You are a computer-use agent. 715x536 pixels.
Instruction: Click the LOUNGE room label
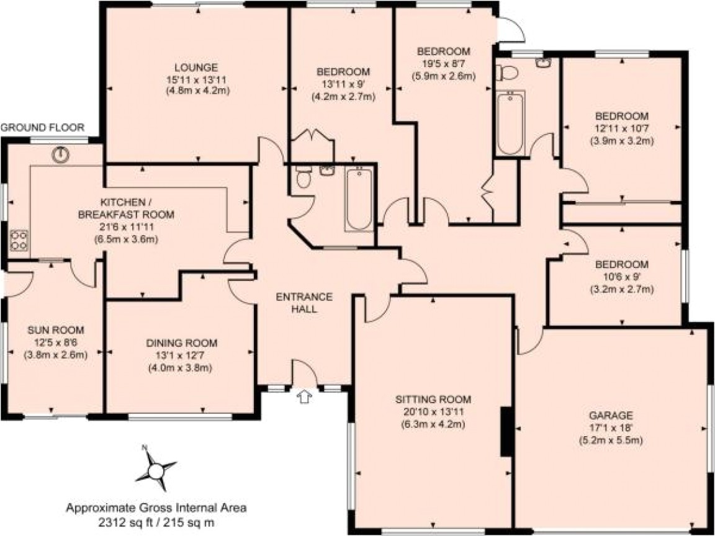[x=196, y=67]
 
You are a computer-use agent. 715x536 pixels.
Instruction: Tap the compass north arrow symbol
[x=155, y=467]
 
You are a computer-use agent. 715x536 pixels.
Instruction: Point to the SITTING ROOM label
[x=434, y=399]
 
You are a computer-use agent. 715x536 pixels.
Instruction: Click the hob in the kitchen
[x=19, y=240]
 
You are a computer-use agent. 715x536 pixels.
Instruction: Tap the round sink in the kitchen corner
[x=61, y=154]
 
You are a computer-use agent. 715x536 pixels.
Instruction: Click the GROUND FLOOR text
[x=42, y=128]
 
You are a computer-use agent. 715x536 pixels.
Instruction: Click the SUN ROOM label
[x=55, y=330]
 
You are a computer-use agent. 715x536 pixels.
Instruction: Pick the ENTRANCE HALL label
[x=304, y=302]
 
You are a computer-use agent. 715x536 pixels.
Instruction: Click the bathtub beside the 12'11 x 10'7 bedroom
[x=511, y=123]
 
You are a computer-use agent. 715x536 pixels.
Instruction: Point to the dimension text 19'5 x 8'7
[x=444, y=64]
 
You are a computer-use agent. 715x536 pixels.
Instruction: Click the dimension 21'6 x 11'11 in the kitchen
[x=126, y=226]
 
